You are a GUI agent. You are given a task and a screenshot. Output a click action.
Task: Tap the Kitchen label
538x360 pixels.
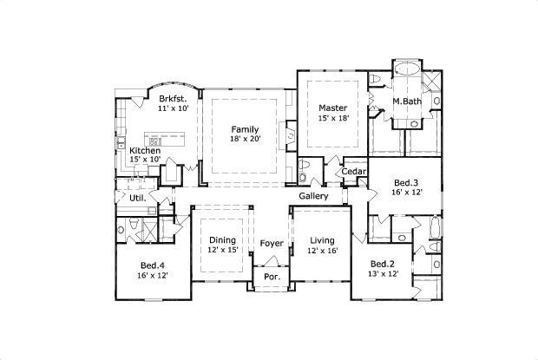click(145, 151)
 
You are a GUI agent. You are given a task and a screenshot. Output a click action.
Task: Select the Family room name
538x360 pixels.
click(245, 128)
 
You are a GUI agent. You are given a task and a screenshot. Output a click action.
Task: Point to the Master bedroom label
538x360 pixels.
click(332, 108)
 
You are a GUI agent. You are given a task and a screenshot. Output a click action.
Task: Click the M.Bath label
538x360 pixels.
click(407, 101)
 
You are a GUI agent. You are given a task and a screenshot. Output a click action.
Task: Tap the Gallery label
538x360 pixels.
click(313, 196)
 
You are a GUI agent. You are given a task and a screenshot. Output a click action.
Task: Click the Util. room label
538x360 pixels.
click(138, 198)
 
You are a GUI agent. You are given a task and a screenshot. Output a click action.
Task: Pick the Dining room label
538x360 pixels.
click(223, 239)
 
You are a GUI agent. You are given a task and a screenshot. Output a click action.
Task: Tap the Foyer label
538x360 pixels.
click(272, 243)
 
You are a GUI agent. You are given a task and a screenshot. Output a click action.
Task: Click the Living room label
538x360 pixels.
click(322, 240)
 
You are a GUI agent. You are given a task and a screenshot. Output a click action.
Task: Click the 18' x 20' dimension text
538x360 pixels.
click(245, 139)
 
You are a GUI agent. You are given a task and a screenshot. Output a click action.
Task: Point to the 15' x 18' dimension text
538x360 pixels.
click(332, 119)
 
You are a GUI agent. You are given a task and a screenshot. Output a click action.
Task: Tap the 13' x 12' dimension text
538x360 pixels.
click(383, 274)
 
